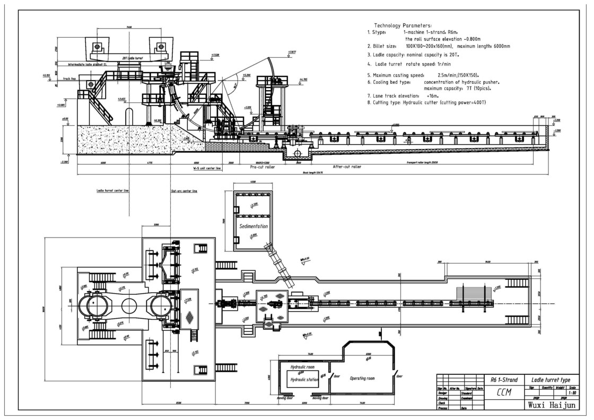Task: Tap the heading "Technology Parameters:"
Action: [x=403, y=25]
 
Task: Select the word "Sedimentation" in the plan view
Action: [x=253, y=226]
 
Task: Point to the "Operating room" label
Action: [x=362, y=378]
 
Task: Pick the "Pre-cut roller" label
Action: [x=263, y=167]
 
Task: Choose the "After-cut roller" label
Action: [x=347, y=167]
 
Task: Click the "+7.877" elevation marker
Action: [x=292, y=52]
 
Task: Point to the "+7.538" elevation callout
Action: [x=215, y=54]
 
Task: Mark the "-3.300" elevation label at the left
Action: [x=64, y=161]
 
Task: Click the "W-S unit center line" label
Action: [x=206, y=168]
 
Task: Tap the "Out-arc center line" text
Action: [x=184, y=190]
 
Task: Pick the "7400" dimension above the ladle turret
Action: [x=129, y=27]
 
